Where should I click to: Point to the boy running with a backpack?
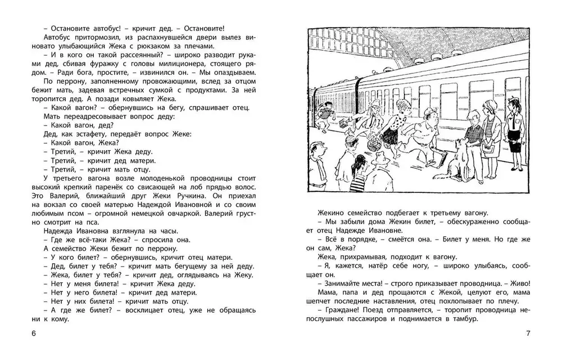(327, 118)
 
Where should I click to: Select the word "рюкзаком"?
(187, 46)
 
